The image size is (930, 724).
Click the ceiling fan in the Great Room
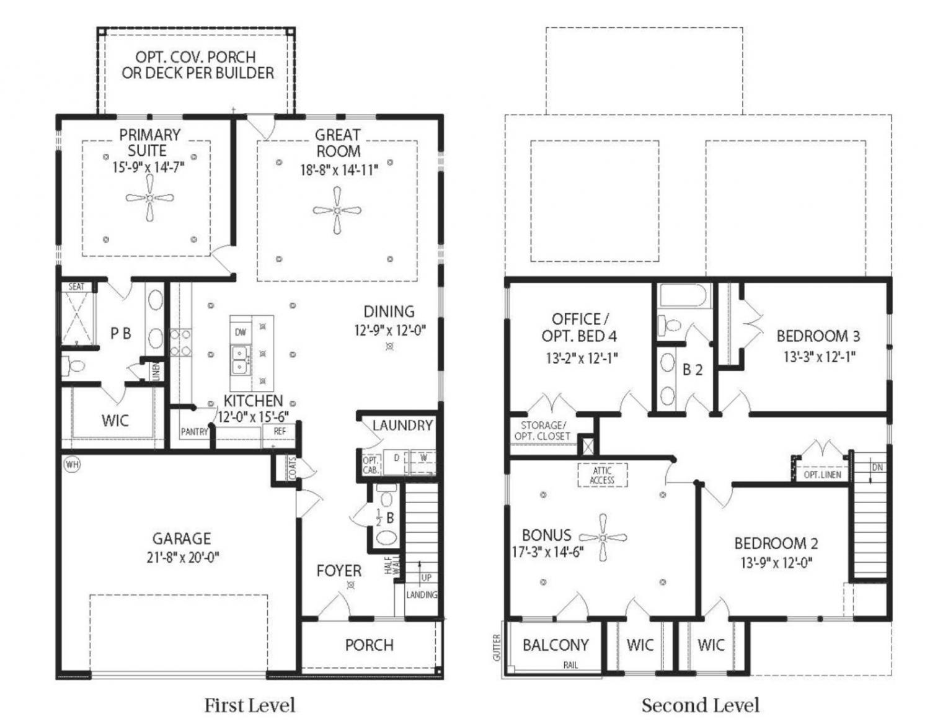coord(337,211)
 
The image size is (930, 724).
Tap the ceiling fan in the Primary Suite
coord(149,199)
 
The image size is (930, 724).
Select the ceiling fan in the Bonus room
coord(603,537)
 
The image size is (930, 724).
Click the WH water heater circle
coord(73,465)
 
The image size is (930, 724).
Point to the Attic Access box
coord(602,475)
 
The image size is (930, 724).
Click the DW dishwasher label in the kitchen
coord(241,333)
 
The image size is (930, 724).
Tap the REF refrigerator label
coord(280,431)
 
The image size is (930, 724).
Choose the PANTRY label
coord(194,432)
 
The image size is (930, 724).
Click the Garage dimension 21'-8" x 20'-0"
coord(183,558)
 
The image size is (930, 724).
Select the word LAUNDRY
coord(402,425)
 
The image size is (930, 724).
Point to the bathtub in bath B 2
coord(684,295)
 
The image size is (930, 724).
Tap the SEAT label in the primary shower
coord(76,287)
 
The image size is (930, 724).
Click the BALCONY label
coord(556,645)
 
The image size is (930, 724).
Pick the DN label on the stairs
coord(877,468)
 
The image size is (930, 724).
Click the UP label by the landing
coord(427,578)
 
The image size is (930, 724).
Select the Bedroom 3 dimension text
coord(819,357)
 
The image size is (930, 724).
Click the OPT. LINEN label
coord(822,475)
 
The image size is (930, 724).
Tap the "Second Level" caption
coord(701,705)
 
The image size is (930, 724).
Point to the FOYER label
coord(339,571)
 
